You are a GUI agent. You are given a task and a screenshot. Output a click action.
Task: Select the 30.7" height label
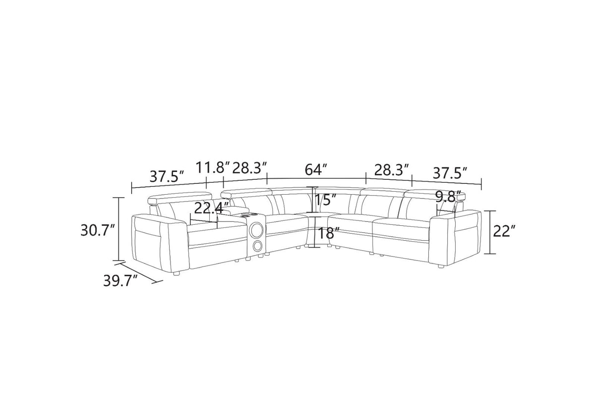tap(98, 230)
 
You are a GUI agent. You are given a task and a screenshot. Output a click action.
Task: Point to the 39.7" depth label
tap(120, 281)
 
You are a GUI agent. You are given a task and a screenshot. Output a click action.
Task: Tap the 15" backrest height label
tap(326, 200)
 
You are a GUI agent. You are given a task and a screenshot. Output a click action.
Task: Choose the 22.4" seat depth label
tap(211, 208)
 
